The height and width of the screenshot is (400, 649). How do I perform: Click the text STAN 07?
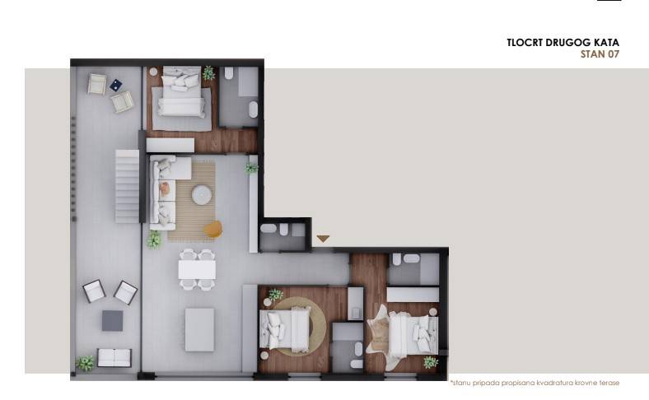600,54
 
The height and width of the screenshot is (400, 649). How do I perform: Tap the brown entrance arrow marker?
323,239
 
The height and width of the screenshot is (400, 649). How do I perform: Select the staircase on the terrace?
127,186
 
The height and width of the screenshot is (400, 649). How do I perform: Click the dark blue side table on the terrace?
115,84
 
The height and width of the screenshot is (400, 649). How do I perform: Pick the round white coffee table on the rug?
202,195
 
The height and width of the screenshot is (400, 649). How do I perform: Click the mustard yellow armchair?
212,229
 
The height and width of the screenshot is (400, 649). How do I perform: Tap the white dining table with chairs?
198,269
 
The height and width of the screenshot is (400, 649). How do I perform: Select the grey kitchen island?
199,329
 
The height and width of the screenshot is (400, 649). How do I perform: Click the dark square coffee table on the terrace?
112,320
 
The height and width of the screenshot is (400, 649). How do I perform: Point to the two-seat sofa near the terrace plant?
114,358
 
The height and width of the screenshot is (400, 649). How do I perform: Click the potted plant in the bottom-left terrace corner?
85,362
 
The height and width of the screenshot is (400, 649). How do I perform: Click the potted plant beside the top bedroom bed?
209,72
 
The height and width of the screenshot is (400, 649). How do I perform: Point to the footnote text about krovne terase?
535,383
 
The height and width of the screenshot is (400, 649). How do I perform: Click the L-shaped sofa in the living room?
166,189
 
